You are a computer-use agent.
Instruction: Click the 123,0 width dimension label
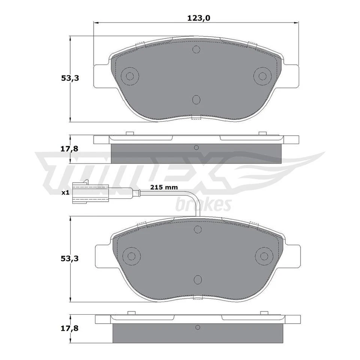[x=196, y=17]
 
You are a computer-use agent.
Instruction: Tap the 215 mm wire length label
[x=164, y=187]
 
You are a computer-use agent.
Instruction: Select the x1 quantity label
[x=65, y=192]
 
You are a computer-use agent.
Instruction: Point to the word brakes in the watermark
[x=203, y=204]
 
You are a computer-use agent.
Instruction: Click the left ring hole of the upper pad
[x=130, y=76]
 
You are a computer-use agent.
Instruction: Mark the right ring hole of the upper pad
[x=262, y=76]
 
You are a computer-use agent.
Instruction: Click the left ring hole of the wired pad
[x=131, y=256]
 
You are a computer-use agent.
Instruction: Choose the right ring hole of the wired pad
[x=263, y=256]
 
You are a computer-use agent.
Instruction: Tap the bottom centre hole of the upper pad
[x=196, y=99]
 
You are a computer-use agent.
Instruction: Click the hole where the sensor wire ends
[x=198, y=229]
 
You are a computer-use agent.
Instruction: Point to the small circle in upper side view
[x=196, y=148]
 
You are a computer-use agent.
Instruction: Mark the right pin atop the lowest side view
[x=264, y=313]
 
